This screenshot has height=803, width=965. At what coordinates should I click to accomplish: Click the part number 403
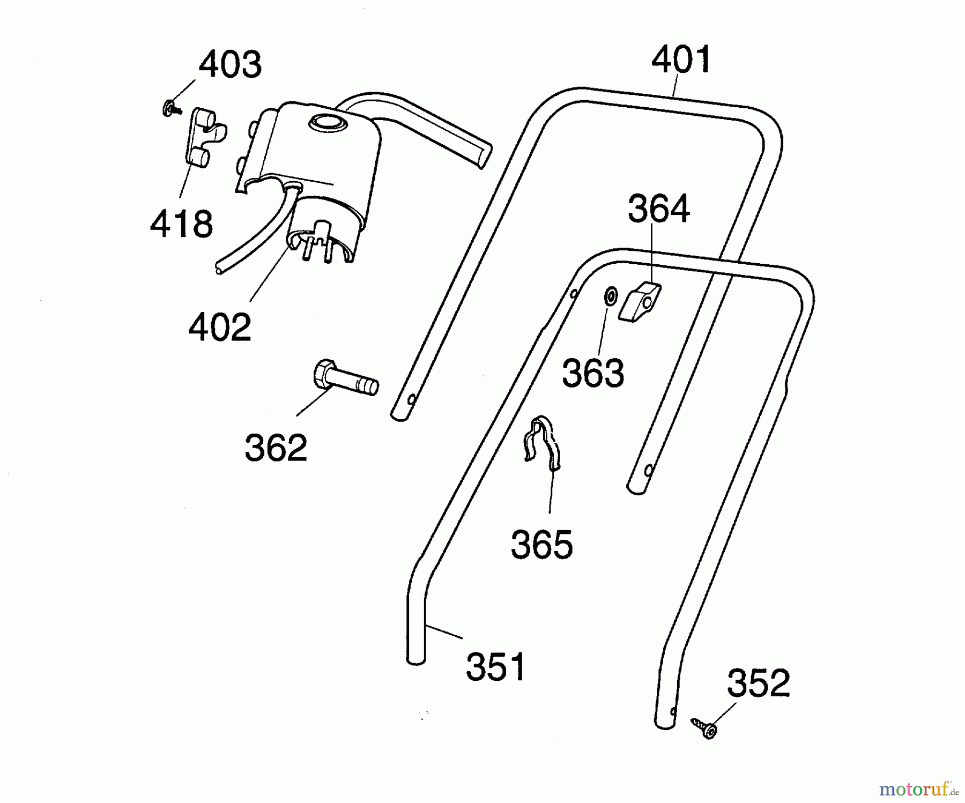(x=230, y=64)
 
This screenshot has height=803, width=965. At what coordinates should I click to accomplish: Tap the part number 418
(x=181, y=224)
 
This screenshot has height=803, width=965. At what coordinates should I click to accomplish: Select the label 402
(x=220, y=327)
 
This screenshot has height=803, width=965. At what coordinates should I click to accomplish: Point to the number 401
(x=681, y=60)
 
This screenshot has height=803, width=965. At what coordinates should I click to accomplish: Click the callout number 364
(x=658, y=209)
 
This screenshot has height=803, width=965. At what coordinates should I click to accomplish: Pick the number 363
(x=593, y=373)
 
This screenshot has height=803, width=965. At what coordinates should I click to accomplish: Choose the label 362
(x=276, y=448)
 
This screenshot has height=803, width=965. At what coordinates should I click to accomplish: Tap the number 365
(x=541, y=545)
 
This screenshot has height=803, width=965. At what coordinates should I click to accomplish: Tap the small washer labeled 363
(x=610, y=296)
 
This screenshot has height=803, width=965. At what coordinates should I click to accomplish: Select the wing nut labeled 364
(x=640, y=302)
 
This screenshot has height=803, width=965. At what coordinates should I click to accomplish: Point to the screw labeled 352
(x=704, y=728)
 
